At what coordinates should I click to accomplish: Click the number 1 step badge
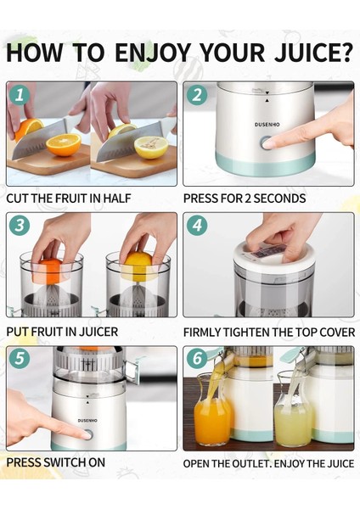(x=20, y=95)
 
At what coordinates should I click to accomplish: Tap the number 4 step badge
(x=197, y=225)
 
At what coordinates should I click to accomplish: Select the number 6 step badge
(x=197, y=359)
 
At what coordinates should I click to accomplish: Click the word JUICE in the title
(x=314, y=52)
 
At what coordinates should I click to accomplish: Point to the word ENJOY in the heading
(x=152, y=52)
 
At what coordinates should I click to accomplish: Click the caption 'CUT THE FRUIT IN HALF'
(x=69, y=198)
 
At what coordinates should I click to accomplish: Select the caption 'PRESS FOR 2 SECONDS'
(x=245, y=199)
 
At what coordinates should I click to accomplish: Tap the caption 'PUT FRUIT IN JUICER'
(x=62, y=332)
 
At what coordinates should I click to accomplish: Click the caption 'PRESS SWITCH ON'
(x=55, y=462)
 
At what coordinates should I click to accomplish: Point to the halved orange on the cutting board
(x=64, y=145)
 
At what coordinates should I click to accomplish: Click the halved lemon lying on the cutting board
(x=151, y=147)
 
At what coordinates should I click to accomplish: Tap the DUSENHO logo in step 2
(x=267, y=125)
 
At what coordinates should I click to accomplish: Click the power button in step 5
(x=87, y=434)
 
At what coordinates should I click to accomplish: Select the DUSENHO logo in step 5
(x=87, y=421)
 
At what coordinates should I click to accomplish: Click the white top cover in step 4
(x=275, y=256)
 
